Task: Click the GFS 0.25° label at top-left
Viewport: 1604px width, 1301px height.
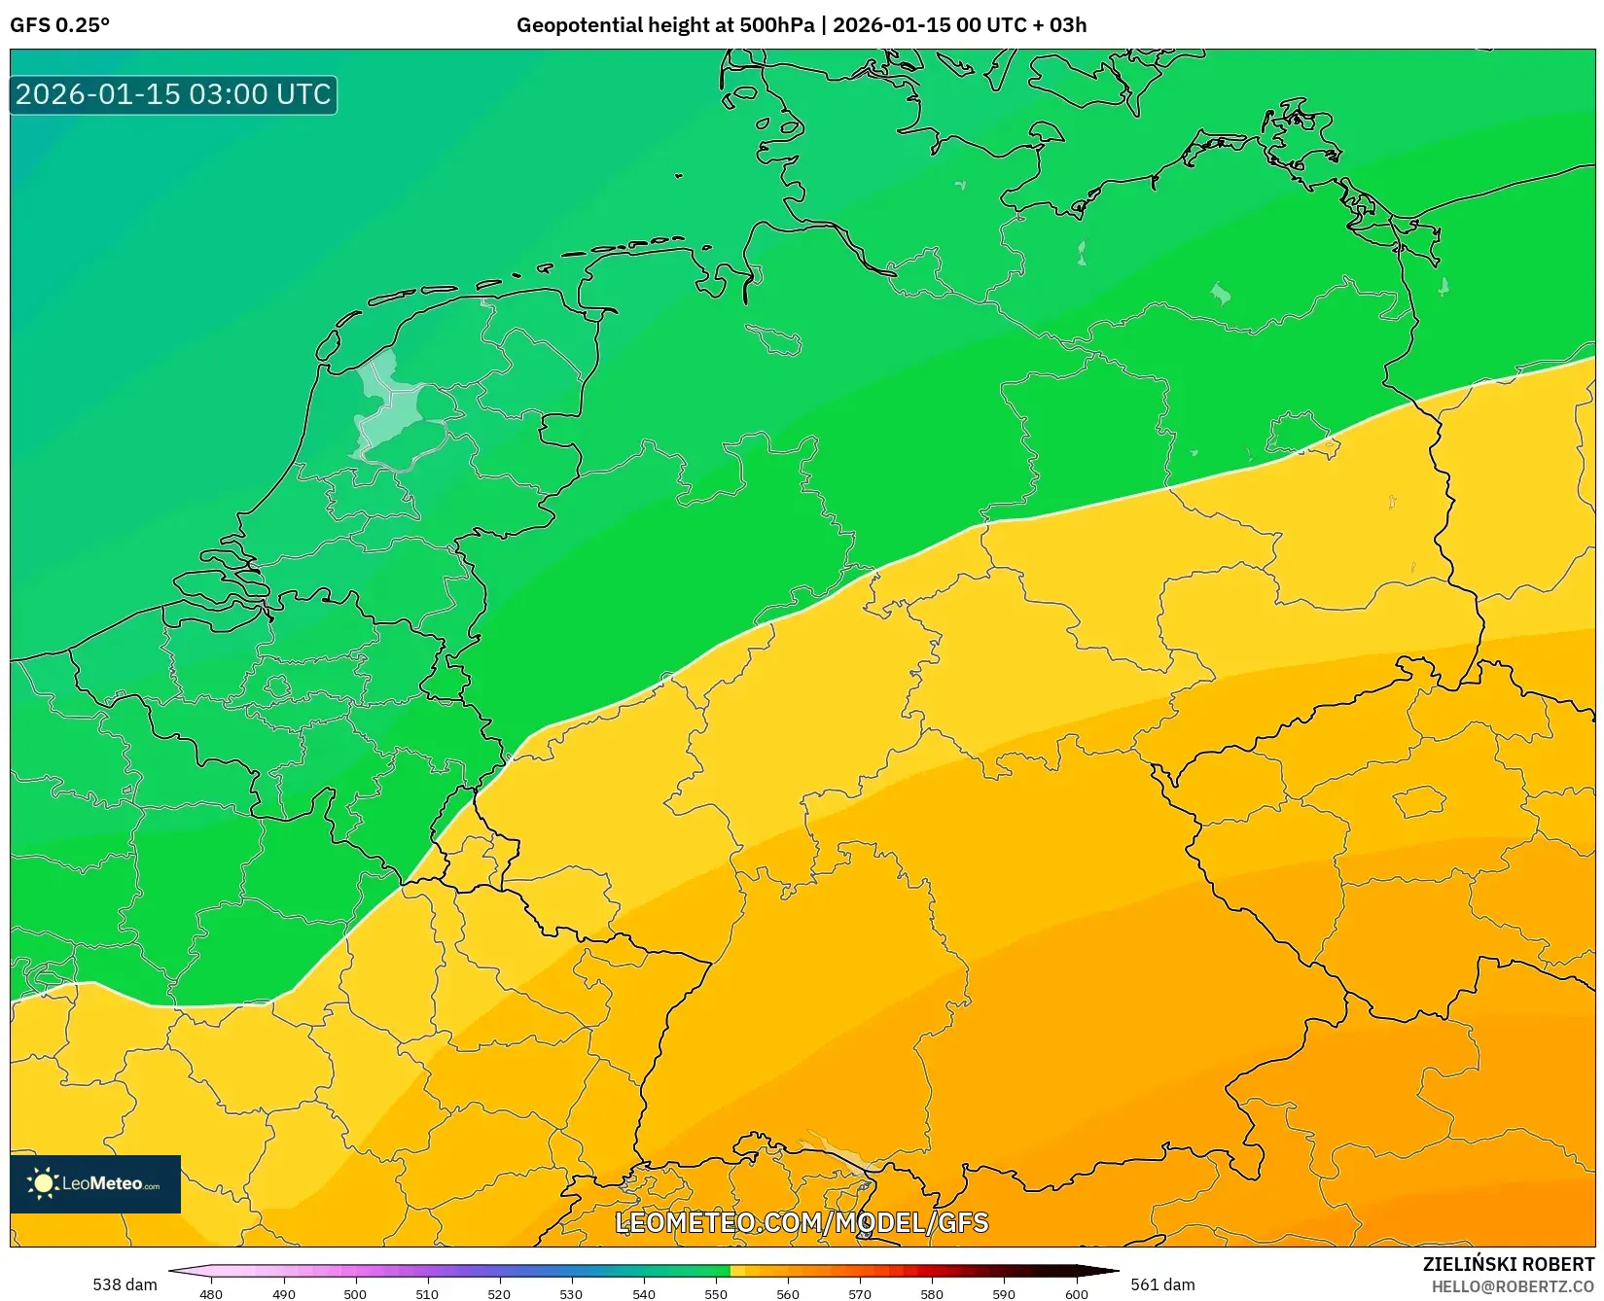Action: pyautogui.click(x=59, y=25)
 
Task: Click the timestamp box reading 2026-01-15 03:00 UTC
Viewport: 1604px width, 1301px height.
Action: pyautogui.click(x=173, y=94)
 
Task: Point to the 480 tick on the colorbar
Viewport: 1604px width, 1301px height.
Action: pyautogui.click(x=211, y=1293)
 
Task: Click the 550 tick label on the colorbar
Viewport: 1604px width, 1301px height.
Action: pyautogui.click(x=716, y=1293)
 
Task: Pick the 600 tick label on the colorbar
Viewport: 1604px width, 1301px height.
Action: pyautogui.click(x=1076, y=1293)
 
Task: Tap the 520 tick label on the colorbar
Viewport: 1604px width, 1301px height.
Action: pyautogui.click(x=499, y=1293)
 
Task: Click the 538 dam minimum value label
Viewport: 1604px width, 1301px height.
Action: pyautogui.click(x=125, y=1284)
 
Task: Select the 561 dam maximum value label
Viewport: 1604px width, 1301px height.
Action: pyautogui.click(x=1162, y=1284)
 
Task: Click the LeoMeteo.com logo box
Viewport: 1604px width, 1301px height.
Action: pyautogui.click(x=95, y=1183)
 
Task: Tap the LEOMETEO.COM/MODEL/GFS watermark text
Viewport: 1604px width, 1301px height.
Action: pyautogui.click(x=802, y=1222)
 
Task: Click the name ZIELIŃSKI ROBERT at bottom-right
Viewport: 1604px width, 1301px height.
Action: pyautogui.click(x=1508, y=1264)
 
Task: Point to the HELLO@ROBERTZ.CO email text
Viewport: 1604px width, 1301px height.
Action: pyautogui.click(x=1512, y=1286)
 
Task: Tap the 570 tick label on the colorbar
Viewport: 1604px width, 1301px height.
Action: pyautogui.click(x=860, y=1293)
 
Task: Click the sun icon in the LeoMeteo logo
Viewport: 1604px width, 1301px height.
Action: pyautogui.click(x=43, y=1183)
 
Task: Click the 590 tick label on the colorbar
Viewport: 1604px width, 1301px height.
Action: pyautogui.click(x=1004, y=1293)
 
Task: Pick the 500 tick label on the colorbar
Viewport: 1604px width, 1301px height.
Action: pyautogui.click(x=355, y=1293)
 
